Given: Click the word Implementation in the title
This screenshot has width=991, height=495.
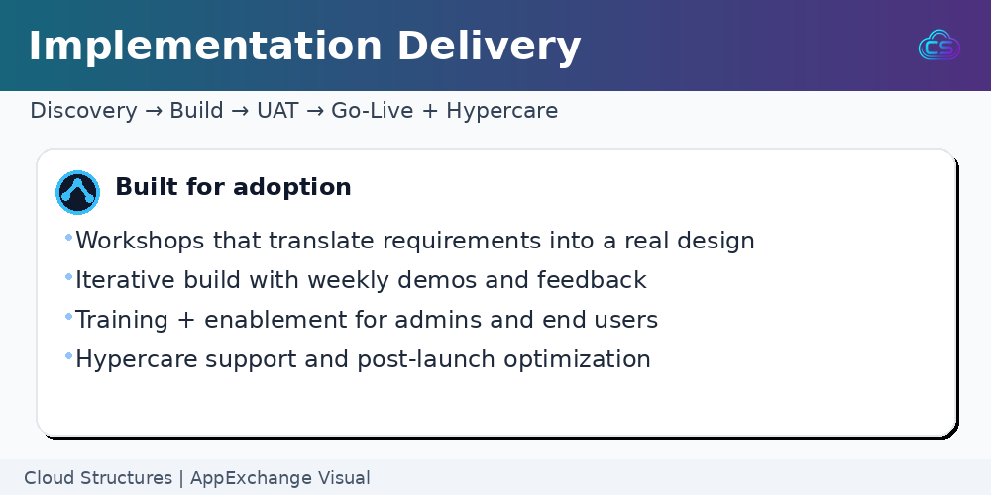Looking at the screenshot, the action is tap(205, 47).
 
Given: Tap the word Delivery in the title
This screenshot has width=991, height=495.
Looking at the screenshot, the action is tap(490, 47).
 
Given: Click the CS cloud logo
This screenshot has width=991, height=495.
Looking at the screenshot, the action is tap(939, 46).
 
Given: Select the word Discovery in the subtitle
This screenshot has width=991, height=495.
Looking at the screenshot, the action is tap(83, 111).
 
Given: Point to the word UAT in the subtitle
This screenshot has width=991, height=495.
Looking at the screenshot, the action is tap(277, 111).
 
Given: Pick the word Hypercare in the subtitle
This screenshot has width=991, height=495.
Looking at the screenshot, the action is tap(502, 111).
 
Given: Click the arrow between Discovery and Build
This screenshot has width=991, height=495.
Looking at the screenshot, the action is tap(153, 111).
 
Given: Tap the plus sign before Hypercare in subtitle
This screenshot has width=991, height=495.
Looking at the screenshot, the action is tap(430, 111).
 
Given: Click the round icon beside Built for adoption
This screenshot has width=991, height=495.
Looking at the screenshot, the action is tap(77, 192).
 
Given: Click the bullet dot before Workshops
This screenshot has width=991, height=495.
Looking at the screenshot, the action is tap(69, 238).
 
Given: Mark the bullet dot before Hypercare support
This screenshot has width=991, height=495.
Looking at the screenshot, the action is tap(69, 356).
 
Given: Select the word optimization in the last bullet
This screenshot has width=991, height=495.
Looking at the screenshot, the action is tap(577, 359).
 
